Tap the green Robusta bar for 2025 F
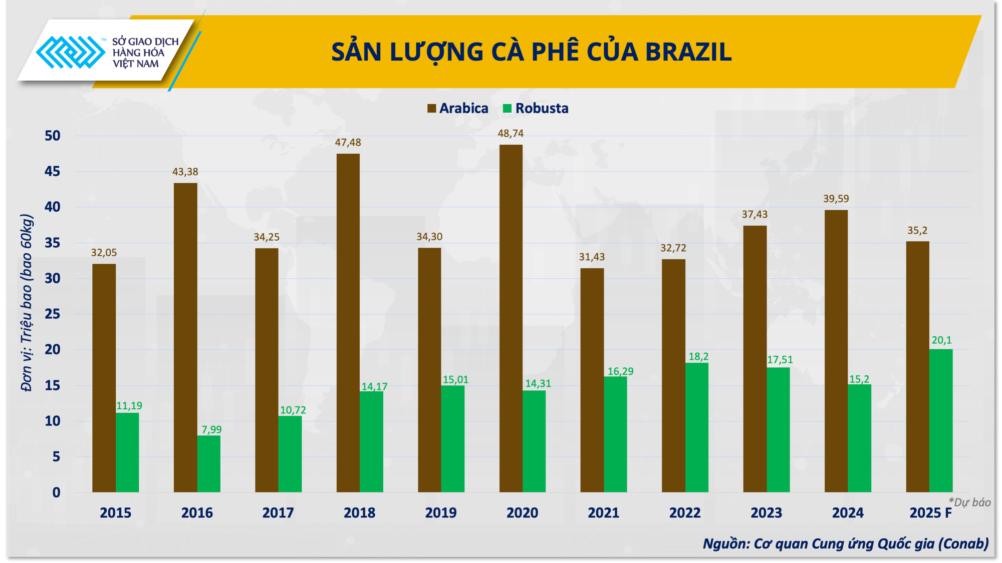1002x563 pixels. pos(940,420)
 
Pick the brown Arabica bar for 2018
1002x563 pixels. pos(348,323)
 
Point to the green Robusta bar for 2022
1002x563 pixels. pos(696,427)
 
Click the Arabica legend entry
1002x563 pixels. pos(458,109)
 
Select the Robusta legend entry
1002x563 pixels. pos(536,109)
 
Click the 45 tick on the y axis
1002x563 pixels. pos(52,172)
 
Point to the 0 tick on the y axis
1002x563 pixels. pos(56,492)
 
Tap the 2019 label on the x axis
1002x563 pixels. pos(441,513)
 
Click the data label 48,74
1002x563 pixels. pos(511,134)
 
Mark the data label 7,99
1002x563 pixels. pos(211,429)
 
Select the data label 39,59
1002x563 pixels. pos(836,199)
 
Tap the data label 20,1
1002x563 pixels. pos(941,340)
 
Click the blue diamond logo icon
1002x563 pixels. pos(70,52)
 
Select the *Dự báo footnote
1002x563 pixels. pos(969,502)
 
